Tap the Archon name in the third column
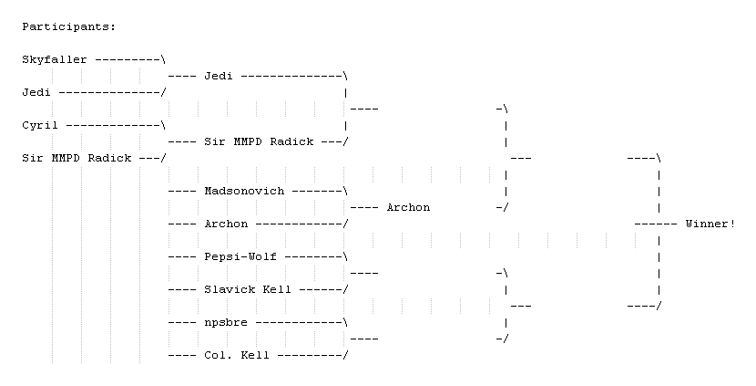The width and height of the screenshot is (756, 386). click(408, 208)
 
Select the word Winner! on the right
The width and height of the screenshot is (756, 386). click(710, 224)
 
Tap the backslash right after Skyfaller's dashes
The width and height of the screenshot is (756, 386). click(164, 60)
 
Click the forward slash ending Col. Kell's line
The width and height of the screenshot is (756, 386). click(345, 356)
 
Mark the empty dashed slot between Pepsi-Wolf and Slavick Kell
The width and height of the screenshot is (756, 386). click(364, 274)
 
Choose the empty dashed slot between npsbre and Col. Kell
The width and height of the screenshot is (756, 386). click(364, 339)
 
